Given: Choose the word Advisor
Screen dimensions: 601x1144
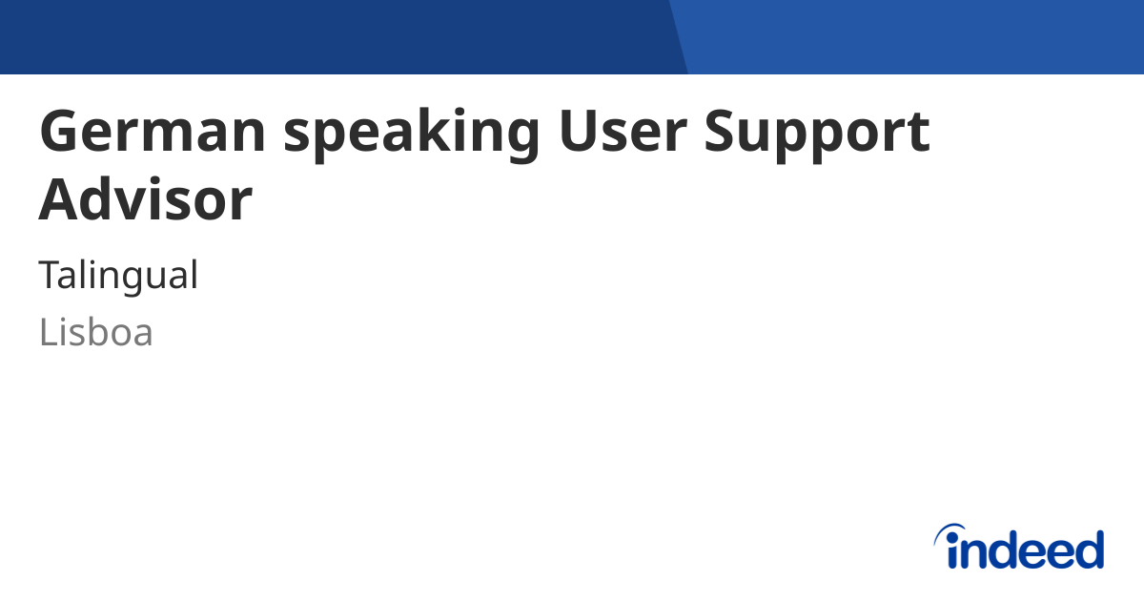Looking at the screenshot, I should [x=145, y=199].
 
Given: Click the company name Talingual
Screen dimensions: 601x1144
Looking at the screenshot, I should [x=118, y=276].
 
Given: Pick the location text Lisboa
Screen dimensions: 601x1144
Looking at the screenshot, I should [x=95, y=333].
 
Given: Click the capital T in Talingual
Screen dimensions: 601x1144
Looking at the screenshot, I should [x=50, y=276].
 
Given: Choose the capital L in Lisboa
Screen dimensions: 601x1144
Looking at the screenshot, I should [x=47, y=333].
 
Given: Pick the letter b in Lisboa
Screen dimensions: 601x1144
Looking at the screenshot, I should [x=97, y=331].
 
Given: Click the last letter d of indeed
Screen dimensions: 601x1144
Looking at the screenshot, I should [x=1089, y=549].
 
